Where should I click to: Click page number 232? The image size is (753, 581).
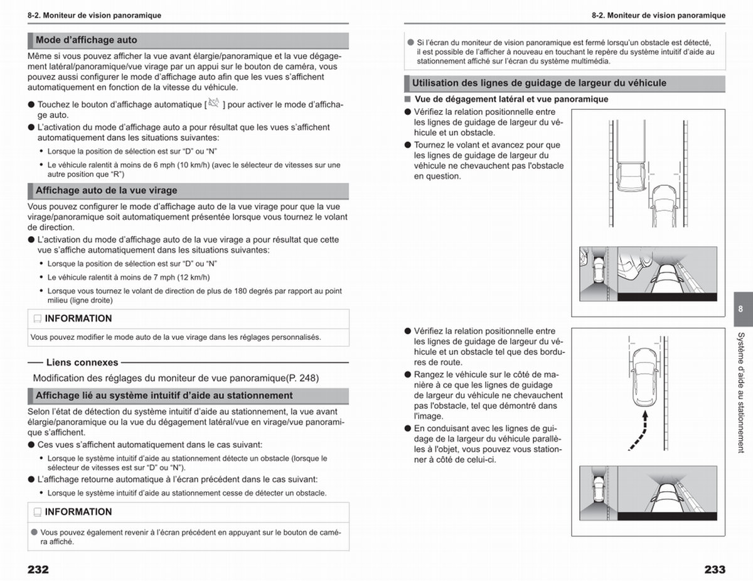[38, 570]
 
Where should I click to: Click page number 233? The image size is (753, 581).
[715, 570]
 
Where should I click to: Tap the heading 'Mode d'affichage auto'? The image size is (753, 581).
[87, 40]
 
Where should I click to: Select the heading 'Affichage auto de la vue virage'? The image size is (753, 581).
[107, 190]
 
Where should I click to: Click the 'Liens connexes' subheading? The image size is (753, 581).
[82, 362]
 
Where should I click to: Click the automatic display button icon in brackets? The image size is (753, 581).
[214, 103]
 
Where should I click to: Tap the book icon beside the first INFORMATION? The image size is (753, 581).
[38, 319]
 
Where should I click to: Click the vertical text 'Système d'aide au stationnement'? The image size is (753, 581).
[741, 393]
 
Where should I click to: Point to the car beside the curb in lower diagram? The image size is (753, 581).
[645, 377]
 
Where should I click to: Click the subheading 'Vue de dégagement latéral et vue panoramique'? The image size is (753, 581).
[511, 99]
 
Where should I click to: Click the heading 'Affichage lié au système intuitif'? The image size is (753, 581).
[164, 396]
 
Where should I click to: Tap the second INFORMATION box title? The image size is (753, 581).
[78, 512]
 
